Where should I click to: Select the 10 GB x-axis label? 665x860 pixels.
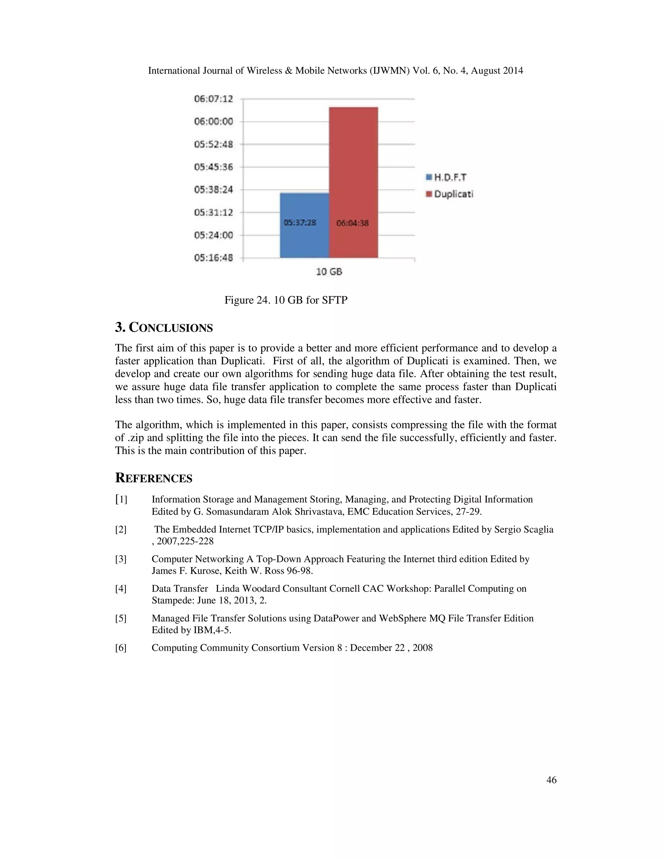click(329, 272)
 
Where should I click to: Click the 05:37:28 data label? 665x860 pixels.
click(300, 223)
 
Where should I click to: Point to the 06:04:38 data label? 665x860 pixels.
click(353, 223)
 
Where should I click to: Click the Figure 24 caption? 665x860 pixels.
click(286, 300)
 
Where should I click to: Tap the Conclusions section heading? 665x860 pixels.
click(164, 328)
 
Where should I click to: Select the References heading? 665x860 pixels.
click(154, 478)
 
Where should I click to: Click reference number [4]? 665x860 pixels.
click(120, 589)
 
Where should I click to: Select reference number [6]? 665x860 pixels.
click(120, 648)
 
